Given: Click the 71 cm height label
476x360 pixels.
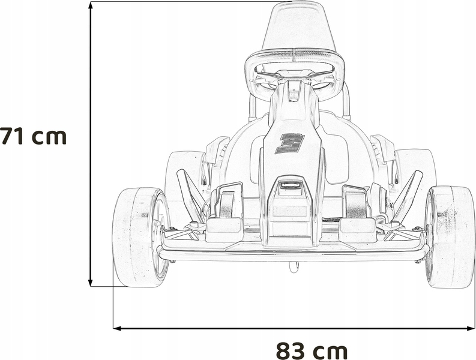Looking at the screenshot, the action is pos(33,136).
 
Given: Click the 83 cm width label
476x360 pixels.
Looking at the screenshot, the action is pos(312,350).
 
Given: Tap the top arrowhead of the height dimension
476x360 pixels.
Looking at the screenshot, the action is pos(90,5).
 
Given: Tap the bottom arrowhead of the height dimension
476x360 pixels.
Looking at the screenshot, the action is pos(90,282).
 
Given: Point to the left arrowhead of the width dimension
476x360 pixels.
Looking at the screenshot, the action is pos(117,328).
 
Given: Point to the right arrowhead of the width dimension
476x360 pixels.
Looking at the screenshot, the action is pos(471,328).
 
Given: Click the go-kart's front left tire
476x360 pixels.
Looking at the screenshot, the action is pos(140,238).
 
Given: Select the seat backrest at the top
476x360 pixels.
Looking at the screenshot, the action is pos(299,28).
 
